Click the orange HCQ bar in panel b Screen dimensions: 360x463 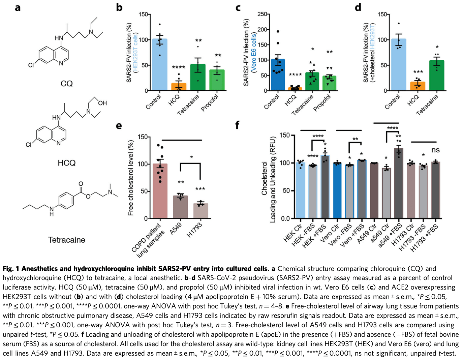(x=179, y=87)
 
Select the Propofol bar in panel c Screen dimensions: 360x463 (x=329, y=83)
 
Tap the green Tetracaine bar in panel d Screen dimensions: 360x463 (x=437, y=76)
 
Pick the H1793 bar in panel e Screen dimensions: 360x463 (x=200, y=211)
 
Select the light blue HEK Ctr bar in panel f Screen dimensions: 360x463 (x=301, y=190)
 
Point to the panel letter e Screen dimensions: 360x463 (x=119, y=126)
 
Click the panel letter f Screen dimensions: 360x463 (x=237, y=125)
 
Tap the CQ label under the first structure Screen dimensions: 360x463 (x=66, y=84)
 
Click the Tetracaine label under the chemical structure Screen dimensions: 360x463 (x=66, y=240)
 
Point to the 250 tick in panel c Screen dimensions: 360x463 (x=262, y=14)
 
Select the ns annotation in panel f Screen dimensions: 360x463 (x=435, y=150)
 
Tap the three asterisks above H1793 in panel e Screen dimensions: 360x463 (x=200, y=189)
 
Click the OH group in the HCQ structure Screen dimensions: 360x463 (x=102, y=103)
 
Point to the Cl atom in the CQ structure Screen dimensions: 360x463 (x=31, y=65)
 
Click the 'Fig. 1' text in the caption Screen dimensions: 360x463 (x=11, y=269)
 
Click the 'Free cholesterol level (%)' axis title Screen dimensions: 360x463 (x=131, y=178)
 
